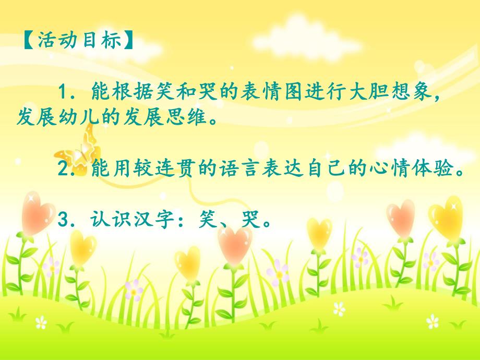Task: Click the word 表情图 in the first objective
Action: pyautogui.click(x=262, y=94)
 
